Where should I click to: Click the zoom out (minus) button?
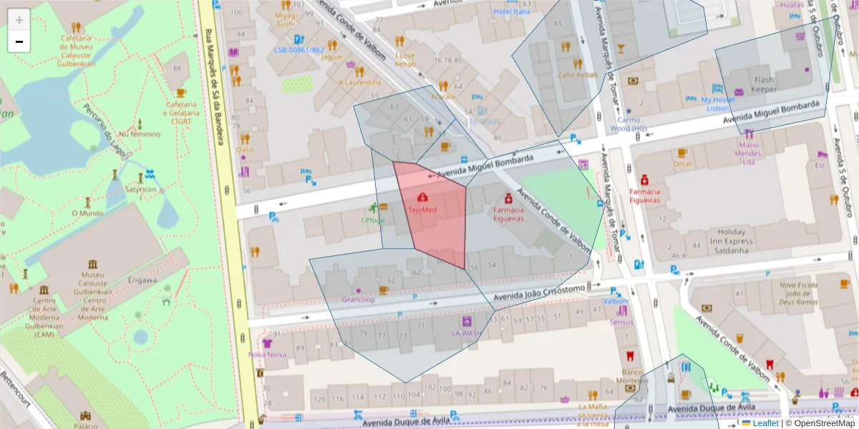click(19, 41)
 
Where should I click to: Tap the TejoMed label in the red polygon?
click(422, 210)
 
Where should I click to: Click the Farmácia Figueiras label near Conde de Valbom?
click(508, 214)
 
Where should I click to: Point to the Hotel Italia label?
click(512, 11)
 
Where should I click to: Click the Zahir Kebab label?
click(577, 74)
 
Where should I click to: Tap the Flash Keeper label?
click(764, 84)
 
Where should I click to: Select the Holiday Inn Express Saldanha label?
click(731, 237)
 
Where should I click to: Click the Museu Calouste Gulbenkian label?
click(93, 283)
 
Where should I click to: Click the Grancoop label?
click(359, 300)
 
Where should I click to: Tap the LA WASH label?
click(467, 332)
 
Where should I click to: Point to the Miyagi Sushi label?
click(286, 20)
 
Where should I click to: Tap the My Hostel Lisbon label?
click(717, 104)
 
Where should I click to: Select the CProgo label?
click(373, 220)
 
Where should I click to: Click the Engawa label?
click(142, 280)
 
